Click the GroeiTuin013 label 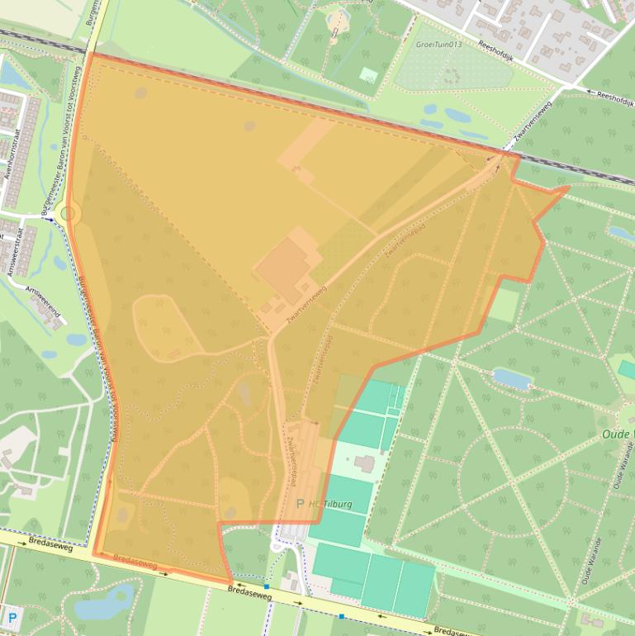[438, 45]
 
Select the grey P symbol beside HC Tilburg [300, 503]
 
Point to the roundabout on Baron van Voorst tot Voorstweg [68, 214]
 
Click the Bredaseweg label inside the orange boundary [135, 563]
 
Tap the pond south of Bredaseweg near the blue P [103, 601]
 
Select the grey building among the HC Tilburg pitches [364, 463]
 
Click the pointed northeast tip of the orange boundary [568, 188]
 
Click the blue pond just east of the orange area [513, 378]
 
